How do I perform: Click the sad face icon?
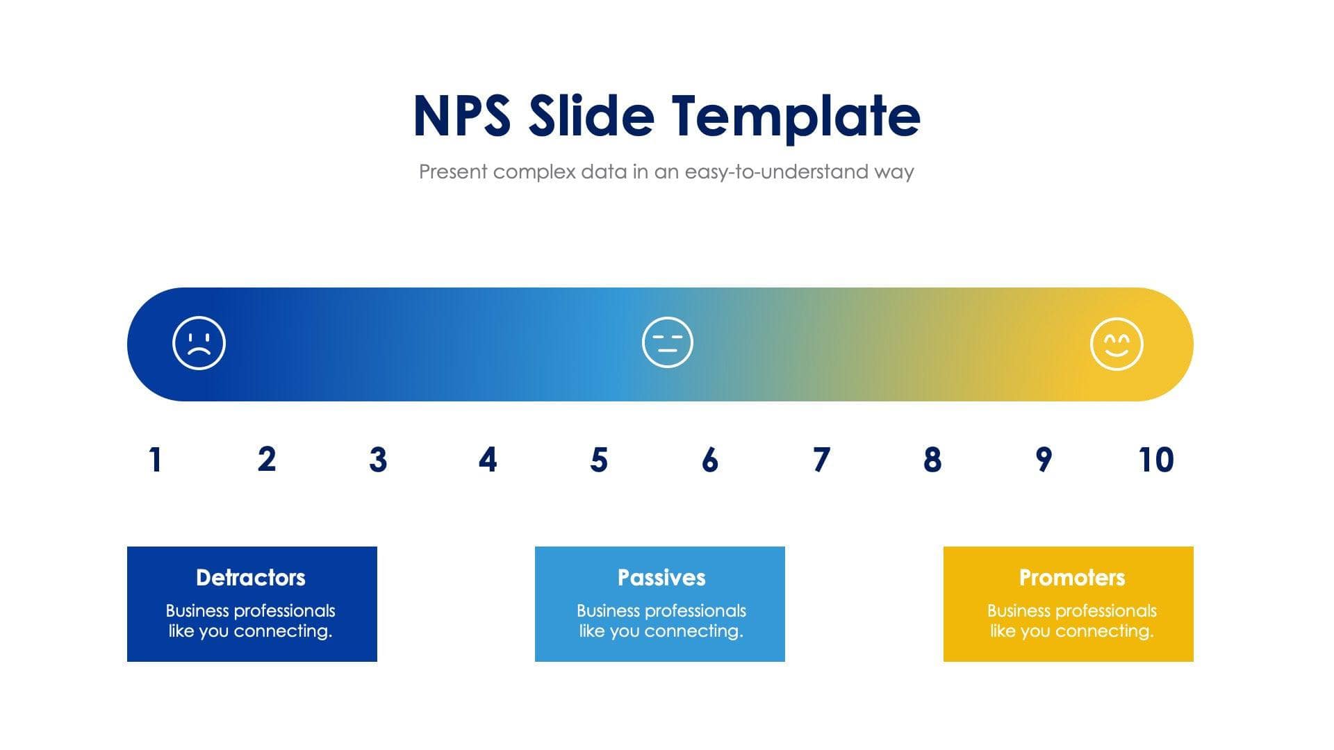pyautogui.click(x=199, y=343)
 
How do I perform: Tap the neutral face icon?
pyautogui.click(x=667, y=342)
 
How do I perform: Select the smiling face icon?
pyautogui.click(x=1116, y=344)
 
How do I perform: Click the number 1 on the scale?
pyautogui.click(x=155, y=460)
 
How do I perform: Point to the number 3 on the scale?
pyautogui.click(x=377, y=460)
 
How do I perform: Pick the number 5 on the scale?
pyautogui.click(x=599, y=460)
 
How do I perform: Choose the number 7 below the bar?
pyautogui.click(x=821, y=460)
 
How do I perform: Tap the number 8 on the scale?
pyautogui.click(x=932, y=460)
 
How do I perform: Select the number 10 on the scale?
pyautogui.click(x=1155, y=460)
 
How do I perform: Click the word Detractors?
pyautogui.click(x=250, y=577)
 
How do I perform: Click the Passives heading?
pyautogui.click(x=661, y=577)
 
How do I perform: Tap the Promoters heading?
pyautogui.click(x=1071, y=577)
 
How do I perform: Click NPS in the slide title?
pyautogui.click(x=462, y=115)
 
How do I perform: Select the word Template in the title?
pyautogui.click(x=796, y=117)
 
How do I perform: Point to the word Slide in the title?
pyautogui.click(x=591, y=115)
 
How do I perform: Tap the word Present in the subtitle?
pyautogui.click(x=452, y=172)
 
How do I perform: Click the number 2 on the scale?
pyautogui.click(x=266, y=460)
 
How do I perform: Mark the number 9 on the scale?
pyautogui.click(x=1043, y=460)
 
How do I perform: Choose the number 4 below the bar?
pyautogui.click(x=488, y=460)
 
